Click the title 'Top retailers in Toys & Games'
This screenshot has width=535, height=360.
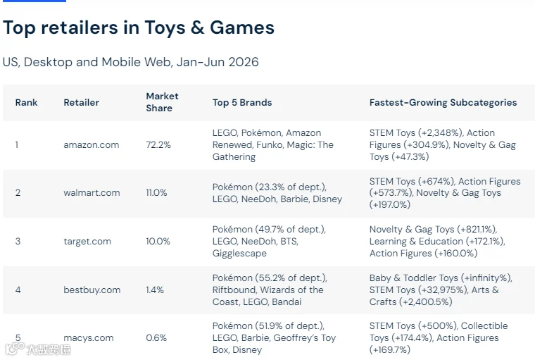[139, 27]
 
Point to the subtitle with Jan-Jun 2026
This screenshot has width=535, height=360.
[131, 62]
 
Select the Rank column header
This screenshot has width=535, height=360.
[26, 102]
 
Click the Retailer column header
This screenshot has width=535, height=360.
[81, 102]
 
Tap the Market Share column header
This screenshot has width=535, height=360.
[162, 102]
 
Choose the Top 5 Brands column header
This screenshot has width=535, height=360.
[242, 102]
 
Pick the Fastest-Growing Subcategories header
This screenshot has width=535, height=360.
[443, 102]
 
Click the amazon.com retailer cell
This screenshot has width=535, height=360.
[91, 145]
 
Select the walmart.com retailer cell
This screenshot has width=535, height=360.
[92, 193]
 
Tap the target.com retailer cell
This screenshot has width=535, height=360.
[87, 242]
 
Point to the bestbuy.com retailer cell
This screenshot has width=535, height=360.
[92, 290]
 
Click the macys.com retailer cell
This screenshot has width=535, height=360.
[89, 338]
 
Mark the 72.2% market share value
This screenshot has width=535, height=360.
[158, 145]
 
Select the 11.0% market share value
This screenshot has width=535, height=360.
[156, 193]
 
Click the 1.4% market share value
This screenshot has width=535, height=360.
[155, 290]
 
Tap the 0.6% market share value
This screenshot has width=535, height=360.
[156, 338]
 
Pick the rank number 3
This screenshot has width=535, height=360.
[18, 242]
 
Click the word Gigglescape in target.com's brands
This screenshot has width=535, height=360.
[239, 254]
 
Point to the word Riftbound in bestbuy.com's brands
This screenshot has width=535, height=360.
[234, 290]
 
